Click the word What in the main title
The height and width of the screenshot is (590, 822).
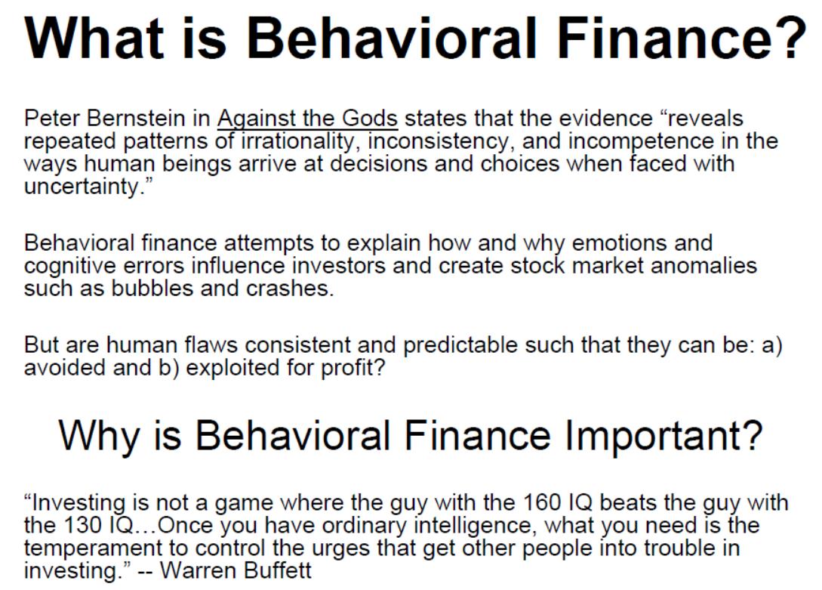click(94, 39)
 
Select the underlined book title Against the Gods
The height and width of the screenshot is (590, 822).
click(308, 119)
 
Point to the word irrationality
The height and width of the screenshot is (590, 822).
click(297, 141)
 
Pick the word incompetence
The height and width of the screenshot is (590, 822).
click(641, 141)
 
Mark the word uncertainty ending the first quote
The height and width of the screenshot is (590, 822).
click(82, 187)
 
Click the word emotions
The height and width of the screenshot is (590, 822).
click(619, 242)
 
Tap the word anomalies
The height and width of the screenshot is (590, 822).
click(703, 265)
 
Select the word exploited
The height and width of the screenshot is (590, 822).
click(232, 368)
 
